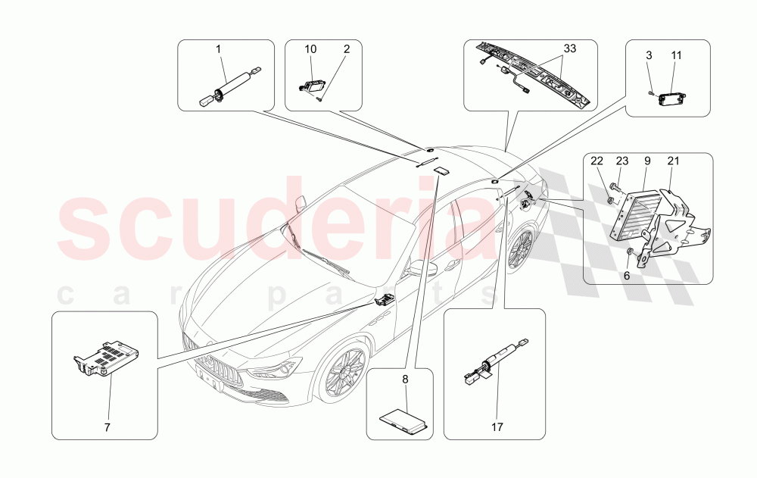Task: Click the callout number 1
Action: [218, 49]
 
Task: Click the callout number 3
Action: [650, 56]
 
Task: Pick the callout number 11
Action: [676, 56]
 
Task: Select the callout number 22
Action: [597, 161]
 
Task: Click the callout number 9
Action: [647, 161]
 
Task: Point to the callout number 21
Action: [674, 161]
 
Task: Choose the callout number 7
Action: [107, 428]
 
